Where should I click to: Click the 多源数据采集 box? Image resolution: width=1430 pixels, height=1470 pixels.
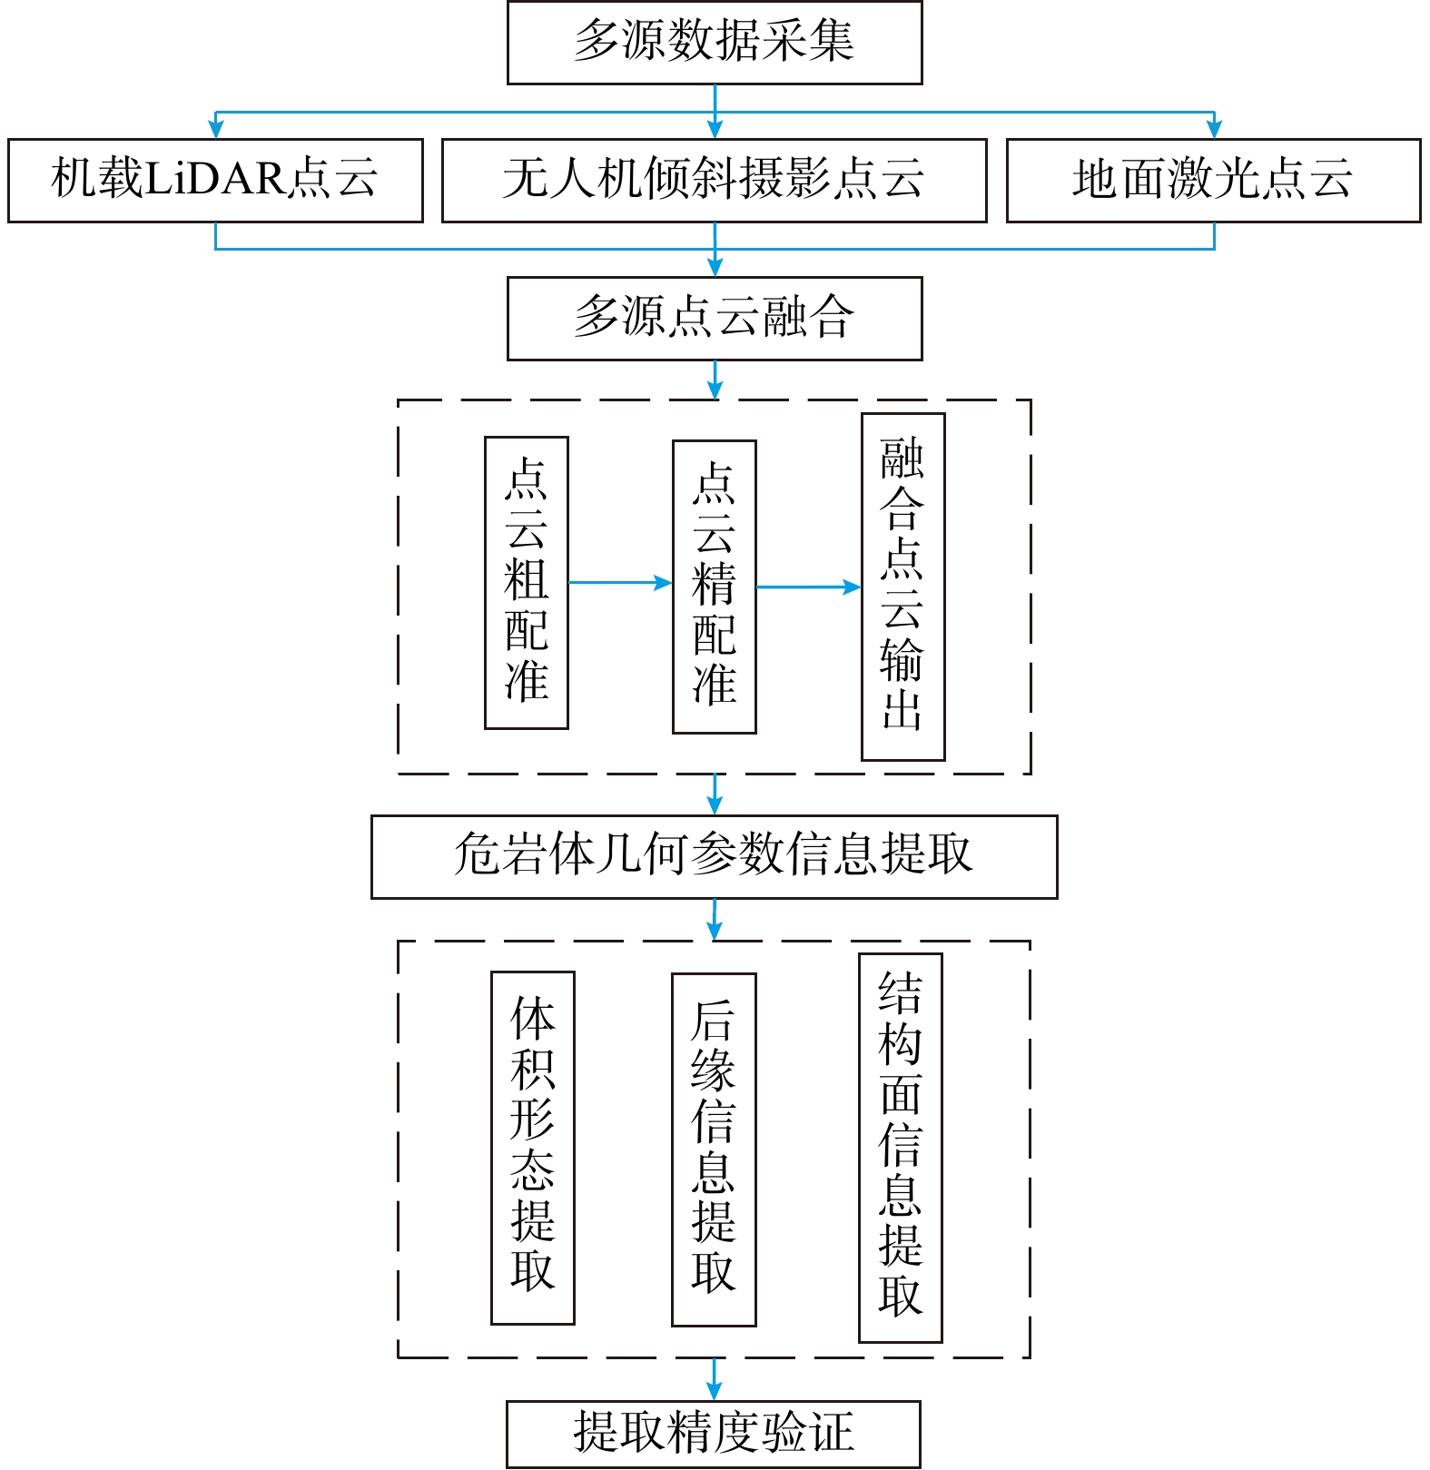715,43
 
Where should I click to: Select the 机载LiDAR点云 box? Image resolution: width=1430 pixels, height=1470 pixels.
215,180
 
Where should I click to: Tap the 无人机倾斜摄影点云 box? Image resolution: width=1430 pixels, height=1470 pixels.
714,180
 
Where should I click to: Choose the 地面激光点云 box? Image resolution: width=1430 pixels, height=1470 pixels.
1213,180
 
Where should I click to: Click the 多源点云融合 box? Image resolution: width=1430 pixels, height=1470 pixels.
715,319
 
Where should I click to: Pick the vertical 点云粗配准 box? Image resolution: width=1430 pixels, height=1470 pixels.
527,583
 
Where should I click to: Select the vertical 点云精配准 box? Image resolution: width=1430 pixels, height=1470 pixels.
715,587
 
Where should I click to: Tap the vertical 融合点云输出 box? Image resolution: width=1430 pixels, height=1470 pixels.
903,587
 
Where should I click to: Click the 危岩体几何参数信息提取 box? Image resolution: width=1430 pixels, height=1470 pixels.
715,857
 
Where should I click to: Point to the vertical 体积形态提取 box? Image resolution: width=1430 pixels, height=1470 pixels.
533,1148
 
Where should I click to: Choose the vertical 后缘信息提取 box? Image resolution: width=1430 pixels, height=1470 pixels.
714,1149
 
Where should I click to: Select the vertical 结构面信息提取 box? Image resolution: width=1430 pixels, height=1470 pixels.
901,1148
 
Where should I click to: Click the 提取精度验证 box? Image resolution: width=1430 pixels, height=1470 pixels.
714,1435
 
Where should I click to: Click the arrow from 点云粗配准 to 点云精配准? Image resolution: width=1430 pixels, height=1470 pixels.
621,583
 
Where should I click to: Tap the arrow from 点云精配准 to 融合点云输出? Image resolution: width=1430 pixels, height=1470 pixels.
809,587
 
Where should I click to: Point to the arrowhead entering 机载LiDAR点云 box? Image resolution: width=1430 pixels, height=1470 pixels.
215,130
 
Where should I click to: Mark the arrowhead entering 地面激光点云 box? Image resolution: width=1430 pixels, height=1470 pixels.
1214,130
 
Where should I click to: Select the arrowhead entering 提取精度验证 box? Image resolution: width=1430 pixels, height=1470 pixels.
715,1391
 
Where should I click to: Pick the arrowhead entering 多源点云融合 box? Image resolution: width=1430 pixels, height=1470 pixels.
715,267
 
